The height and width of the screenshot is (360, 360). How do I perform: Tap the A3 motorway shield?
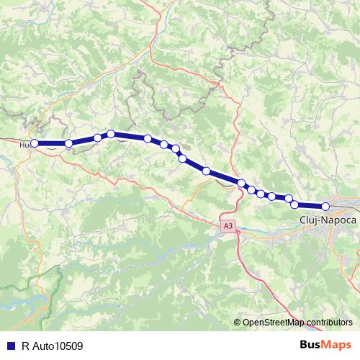click(228, 226)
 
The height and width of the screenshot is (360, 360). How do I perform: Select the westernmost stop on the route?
click(34, 143)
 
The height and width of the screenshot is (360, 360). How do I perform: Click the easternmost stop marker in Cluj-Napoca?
click(325, 207)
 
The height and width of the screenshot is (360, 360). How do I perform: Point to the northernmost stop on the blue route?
click(111, 133)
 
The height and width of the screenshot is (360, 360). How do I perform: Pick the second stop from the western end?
click(68, 143)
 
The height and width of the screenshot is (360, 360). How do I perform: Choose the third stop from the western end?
click(97, 138)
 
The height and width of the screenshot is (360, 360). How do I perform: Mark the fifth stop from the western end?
click(148, 138)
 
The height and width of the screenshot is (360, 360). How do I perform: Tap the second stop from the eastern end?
click(294, 204)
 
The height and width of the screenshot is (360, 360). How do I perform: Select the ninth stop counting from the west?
click(206, 171)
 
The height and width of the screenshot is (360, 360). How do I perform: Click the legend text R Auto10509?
click(53, 346)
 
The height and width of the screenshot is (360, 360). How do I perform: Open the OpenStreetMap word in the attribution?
click(274, 322)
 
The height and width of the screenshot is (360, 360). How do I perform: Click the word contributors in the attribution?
click(328, 322)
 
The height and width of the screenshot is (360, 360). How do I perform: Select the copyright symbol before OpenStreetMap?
click(238, 322)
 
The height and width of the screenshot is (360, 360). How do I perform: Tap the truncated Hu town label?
click(24, 144)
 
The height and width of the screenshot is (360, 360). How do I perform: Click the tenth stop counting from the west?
click(242, 184)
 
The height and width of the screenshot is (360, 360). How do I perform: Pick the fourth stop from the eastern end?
click(271, 196)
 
